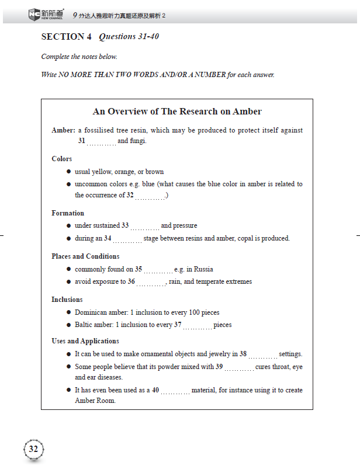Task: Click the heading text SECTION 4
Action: (x=63, y=37)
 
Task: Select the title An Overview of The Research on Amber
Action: (x=177, y=112)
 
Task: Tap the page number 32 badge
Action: (x=33, y=449)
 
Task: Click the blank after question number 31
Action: (x=101, y=142)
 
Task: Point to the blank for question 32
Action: (x=150, y=196)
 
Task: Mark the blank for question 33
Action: (x=144, y=226)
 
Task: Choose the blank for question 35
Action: (x=158, y=270)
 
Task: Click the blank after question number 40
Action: (x=175, y=391)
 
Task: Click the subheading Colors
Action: (x=62, y=159)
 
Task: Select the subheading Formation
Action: (x=68, y=213)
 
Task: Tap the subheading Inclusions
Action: (x=67, y=300)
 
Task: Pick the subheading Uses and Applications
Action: (x=85, y=341)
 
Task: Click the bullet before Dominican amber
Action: (x=68, y=312)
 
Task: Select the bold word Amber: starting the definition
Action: (x=63, y=130)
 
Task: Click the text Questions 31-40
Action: (x=129, y=37)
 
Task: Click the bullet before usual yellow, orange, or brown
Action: (x=68, y=172)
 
